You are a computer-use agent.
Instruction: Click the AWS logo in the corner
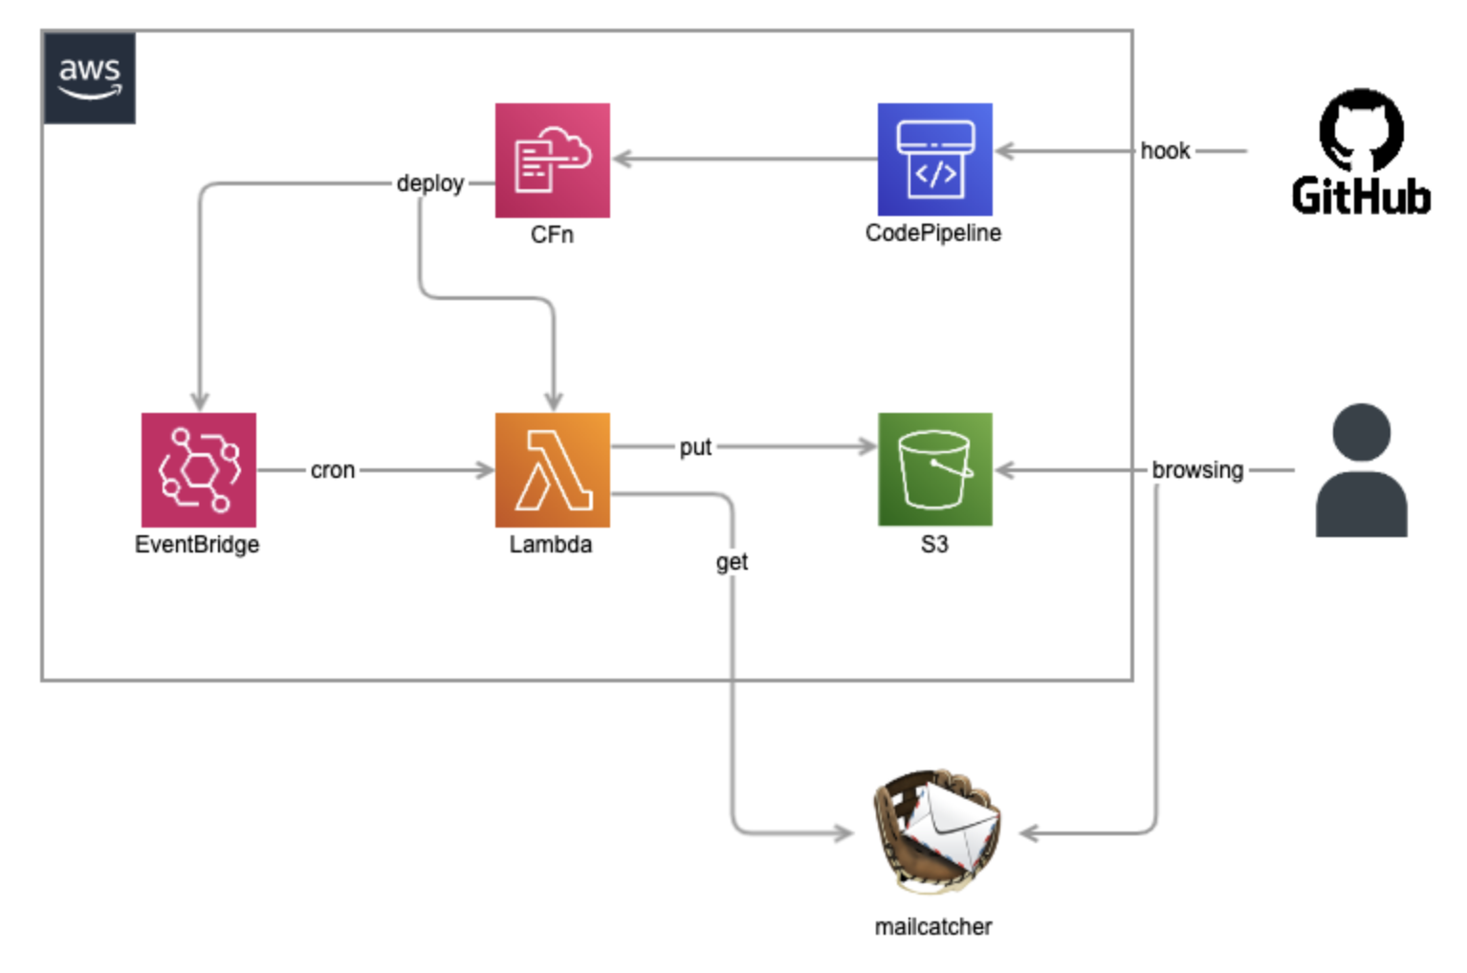click(89, 77)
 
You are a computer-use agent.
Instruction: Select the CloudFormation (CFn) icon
click(552, 161)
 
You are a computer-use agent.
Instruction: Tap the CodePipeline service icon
click(934, 160)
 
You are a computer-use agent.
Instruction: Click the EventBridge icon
click(198, 469)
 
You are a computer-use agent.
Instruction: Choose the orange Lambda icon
click(552, 469)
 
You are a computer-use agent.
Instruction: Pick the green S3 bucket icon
click(934, 469)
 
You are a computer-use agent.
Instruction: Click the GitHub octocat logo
click(1361, 130)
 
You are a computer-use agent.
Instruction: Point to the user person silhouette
click(1361, 470)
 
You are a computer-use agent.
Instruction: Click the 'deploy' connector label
click(429, 183)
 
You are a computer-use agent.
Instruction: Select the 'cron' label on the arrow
click(332, 470)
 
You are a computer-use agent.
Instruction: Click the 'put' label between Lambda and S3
click(695, 447)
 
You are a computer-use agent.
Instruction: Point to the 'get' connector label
click(732, 562)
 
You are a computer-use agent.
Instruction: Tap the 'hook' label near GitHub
click(1164, 151)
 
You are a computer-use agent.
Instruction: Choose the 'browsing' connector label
click(1197, 470)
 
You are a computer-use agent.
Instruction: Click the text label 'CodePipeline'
click(932, 233)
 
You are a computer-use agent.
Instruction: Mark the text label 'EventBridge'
click(197, 545)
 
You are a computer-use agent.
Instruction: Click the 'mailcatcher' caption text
click(932, 926)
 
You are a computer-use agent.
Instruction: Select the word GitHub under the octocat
click(1361, 196)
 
